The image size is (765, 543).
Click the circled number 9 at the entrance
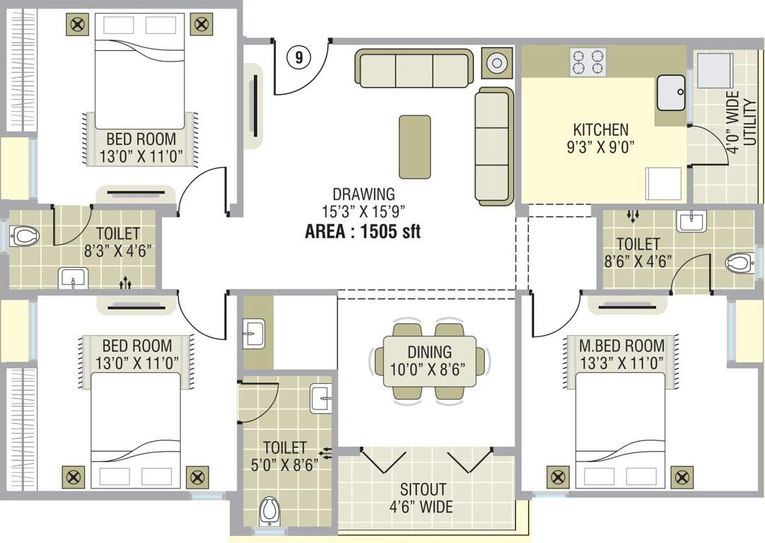coord(298,58)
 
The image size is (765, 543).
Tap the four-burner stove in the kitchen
coord(588,62)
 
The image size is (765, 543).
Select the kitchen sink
coord(671,93)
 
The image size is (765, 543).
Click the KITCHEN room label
coord(600,130)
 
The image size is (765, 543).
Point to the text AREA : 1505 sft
coord(363,231)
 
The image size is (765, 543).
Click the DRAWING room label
coord(363,194)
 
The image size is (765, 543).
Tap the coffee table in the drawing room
coord(414,146)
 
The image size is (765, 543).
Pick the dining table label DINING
coord(429,352)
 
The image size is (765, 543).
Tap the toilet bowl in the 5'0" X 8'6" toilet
coord(269,509)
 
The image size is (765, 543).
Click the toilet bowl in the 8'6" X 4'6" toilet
coord(737,263)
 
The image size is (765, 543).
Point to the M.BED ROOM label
coord(621,346)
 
